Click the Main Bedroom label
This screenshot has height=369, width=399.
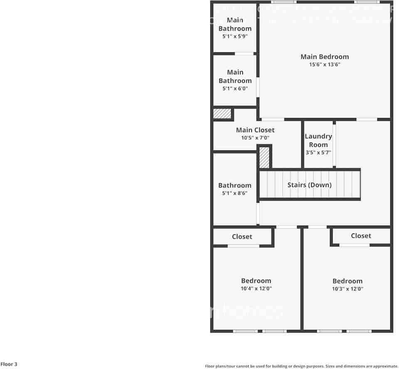tap(325, 57)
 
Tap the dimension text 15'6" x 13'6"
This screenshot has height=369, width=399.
tap(325, 64)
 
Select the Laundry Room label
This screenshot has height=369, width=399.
tap(318, 140)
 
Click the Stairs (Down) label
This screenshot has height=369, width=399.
tap(309, 184)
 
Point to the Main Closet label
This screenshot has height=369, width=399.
tap(255, 130)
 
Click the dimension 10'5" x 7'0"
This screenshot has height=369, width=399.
tap(255, 138)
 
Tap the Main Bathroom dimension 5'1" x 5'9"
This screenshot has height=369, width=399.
tap(235, 36)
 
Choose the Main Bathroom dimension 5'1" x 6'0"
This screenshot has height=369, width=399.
tap(235, 89)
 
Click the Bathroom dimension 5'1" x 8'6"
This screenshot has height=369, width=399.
tap(235, 193)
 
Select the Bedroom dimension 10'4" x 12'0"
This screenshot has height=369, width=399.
tap(256, 289)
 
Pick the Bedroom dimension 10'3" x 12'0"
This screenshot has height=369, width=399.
tap(347, 289)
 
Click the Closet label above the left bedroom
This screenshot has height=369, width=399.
tap(242, 236)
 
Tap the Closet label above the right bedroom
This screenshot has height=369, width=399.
tap(361, 236)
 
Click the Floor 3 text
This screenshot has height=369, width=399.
tap(9, 364)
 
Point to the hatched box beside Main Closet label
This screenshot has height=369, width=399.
tap(264, 157)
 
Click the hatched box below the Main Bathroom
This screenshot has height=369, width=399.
tap(222, 113)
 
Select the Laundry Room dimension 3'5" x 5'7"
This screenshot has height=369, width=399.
tap(318, 153)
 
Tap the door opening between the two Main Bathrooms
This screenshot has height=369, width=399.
tap(244, 54)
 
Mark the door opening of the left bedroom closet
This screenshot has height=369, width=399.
tap(243, 246)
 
